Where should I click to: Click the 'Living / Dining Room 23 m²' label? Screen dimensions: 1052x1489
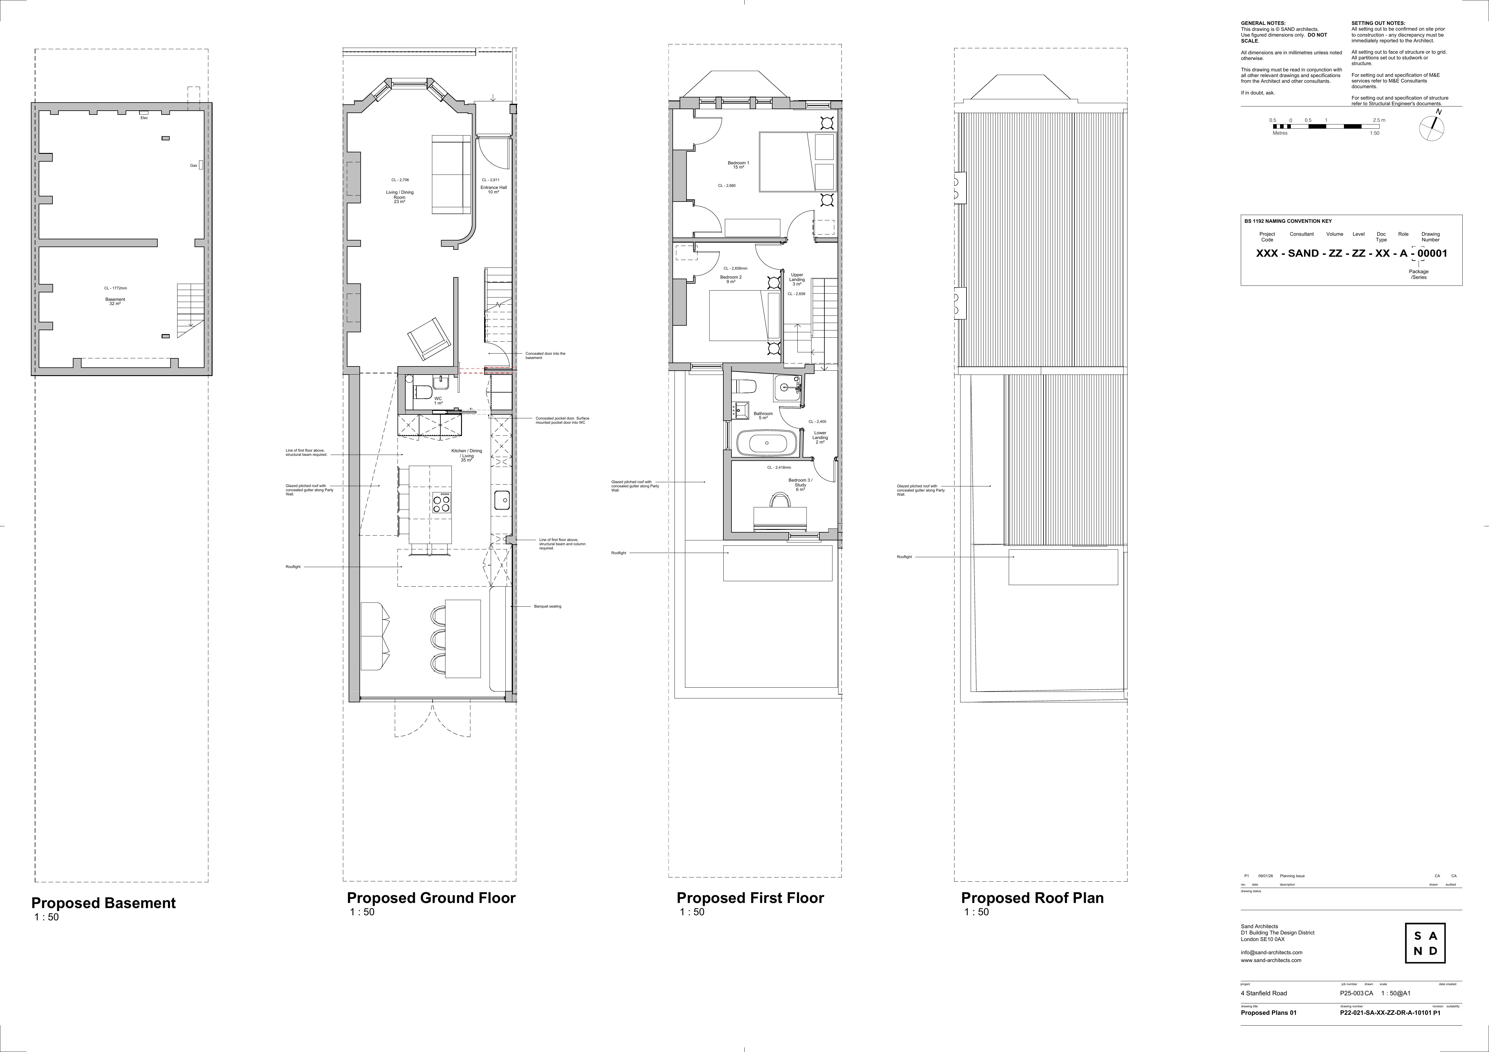pos(400,196)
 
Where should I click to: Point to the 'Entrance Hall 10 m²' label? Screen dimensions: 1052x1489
pos(493,190)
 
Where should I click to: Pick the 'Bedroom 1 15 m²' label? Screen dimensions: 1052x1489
pos(738,165)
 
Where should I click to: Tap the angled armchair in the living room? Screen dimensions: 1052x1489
pos(427,339)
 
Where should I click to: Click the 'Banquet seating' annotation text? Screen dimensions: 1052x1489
pos(547,606)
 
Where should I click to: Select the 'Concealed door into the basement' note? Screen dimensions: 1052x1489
pos(545,355)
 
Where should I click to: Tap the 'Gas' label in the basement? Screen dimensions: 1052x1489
pos(193,166)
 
